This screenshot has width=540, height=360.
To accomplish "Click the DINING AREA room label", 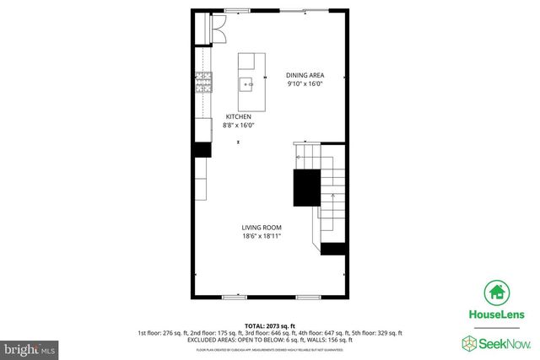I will [305, 75].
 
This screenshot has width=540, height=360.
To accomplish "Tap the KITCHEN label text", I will [237, 116].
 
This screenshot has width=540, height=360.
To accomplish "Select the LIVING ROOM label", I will [261, 228].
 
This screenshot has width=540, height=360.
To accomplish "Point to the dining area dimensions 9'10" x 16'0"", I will [305, 83].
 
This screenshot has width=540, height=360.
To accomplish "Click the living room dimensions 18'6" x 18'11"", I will [261, 237].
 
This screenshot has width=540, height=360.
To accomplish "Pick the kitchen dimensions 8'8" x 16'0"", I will [238, 126].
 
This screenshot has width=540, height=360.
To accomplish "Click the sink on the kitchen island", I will [247, 83].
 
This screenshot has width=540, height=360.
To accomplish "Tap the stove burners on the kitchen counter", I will [203, 82].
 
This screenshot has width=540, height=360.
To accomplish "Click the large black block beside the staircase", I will [306, 188].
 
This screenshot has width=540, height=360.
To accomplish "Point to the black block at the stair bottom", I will [333, 248].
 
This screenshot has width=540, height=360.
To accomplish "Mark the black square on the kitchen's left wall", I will [202, 149].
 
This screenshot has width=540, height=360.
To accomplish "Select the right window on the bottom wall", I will [308, 297].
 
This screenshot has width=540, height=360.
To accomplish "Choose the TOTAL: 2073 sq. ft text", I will [269, 325].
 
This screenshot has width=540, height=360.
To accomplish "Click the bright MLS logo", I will [30, 347].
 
